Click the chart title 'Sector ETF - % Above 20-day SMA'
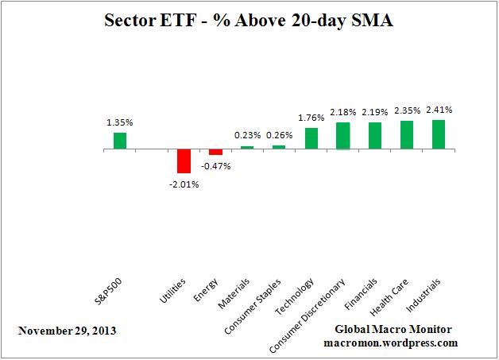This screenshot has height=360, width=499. click(x=249, y=21)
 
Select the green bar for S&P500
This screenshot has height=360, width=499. click(x=119, y=141)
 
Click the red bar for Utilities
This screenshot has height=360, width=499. click(x=184, y=161)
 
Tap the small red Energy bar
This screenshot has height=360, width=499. click(x=215, y=152)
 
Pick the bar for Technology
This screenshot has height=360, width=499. click(x=311, y=138)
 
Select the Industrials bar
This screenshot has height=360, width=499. click(x=439, y=134)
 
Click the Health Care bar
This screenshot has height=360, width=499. click(x=407, y=135)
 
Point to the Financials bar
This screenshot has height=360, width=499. click(x=375, y=136)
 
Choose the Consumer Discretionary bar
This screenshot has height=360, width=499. click(x=343, y=136)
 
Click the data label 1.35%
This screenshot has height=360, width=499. click(x=119, y=123)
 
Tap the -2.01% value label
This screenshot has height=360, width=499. click(x=184, y=184)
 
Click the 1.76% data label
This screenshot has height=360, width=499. click(x=311, y=118)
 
